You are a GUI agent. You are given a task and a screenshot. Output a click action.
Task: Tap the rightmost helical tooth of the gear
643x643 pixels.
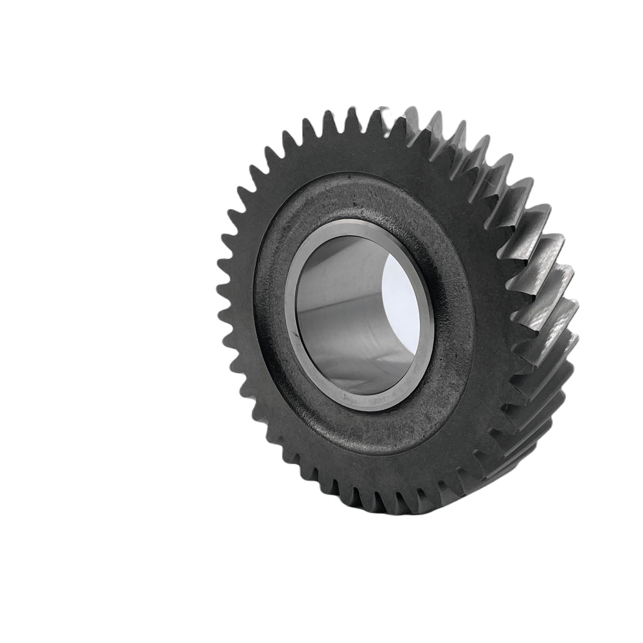(x=566, y=309)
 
